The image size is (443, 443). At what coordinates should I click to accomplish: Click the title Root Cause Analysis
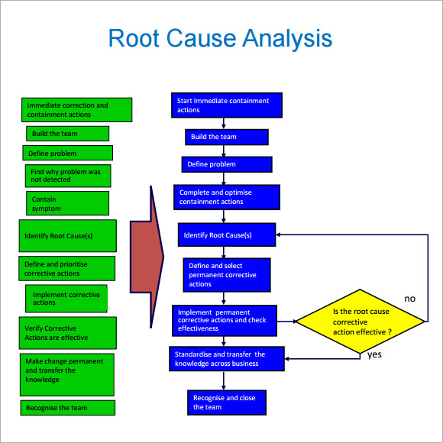[220, 38]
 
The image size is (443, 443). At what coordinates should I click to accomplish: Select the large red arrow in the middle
[147, 257]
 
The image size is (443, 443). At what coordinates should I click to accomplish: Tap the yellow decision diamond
[360, 322]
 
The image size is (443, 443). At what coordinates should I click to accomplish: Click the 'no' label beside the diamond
[409, 299]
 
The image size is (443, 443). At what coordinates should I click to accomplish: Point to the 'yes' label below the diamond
[374, 354]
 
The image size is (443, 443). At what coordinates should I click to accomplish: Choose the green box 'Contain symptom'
[67, 203]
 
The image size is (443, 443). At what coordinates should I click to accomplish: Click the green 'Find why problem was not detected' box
[68, 176]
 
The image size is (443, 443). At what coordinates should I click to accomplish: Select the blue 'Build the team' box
[227, 137]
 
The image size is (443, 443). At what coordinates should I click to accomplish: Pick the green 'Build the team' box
[67, 134]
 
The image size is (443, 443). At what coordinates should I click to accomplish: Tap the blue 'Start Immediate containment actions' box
[227, 105]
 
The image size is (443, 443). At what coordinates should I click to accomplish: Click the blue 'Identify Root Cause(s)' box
[227, 234]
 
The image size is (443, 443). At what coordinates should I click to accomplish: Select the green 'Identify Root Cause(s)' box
[68, 235]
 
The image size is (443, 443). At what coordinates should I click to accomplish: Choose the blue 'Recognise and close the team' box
[227, 403]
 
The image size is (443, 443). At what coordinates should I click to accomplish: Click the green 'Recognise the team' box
[68, 408]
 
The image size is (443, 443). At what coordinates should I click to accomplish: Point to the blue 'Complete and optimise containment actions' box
[227, 197]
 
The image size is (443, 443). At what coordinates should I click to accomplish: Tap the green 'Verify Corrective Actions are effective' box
[68, 333]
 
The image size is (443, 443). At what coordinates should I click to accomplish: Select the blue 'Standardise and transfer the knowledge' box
[227, 359]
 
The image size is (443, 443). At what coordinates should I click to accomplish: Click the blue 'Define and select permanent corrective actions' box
[227, 275]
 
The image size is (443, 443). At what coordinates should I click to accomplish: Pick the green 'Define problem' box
[67, 153]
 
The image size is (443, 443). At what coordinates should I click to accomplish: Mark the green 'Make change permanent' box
[67, 374]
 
